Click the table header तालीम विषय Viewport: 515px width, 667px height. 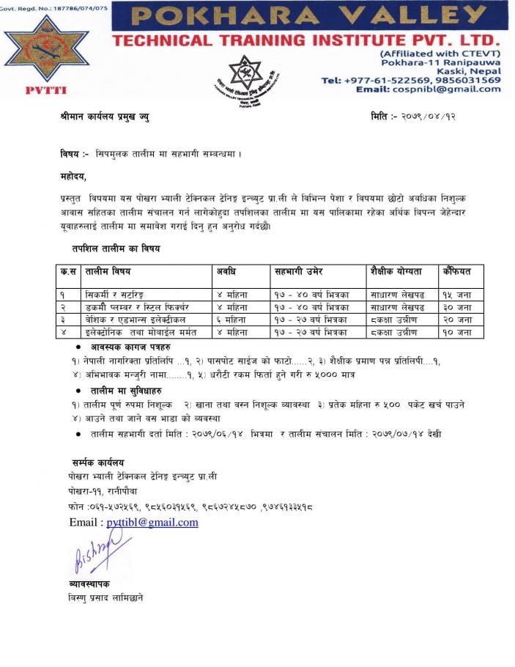(108, 272)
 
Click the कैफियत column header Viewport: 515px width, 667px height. (456, 272)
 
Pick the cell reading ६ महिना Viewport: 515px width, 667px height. (232, 320)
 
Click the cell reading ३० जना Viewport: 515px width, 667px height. (456, 307)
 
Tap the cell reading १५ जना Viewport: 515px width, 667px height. (456, 295)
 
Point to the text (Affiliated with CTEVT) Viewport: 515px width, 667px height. (440, 54)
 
